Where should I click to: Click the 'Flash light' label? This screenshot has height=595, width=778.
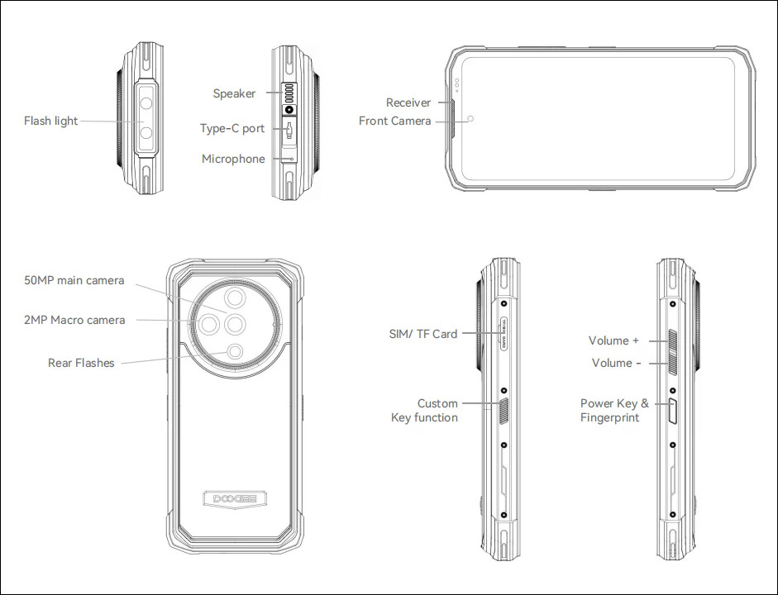50,121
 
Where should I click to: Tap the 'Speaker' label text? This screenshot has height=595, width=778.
234,93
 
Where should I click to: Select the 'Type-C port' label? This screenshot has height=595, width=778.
232,128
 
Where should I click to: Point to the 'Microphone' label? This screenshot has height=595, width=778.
233,159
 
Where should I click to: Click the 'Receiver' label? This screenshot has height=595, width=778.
408,102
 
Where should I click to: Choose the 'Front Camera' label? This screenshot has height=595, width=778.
394,121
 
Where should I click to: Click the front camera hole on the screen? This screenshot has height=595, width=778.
470,119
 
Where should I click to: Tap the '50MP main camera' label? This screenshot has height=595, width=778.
74,280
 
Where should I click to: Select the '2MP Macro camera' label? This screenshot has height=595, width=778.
74,320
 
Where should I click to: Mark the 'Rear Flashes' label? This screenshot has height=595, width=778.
81,363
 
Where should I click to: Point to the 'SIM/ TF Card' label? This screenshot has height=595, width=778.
422,334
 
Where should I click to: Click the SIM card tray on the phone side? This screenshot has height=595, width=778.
502,335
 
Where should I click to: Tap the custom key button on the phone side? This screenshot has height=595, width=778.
504,409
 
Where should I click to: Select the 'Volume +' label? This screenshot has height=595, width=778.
613,340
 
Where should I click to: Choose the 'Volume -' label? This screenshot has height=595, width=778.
617,363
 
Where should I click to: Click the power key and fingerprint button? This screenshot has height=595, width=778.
672,409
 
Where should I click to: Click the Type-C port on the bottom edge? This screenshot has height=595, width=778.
289,129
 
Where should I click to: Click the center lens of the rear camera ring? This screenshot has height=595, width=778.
234,323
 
